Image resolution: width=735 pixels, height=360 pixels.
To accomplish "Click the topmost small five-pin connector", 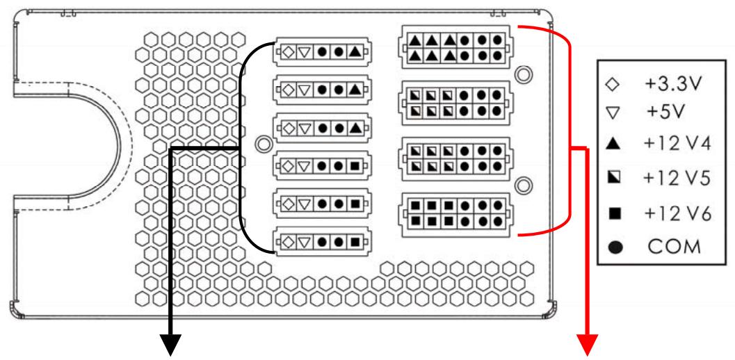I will point(322,51).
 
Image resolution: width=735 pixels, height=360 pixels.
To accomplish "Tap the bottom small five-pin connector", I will point(322,243).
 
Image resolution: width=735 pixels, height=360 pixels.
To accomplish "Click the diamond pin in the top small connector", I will point(287,51).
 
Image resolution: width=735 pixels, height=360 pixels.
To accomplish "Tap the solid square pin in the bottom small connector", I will point(355,243).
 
